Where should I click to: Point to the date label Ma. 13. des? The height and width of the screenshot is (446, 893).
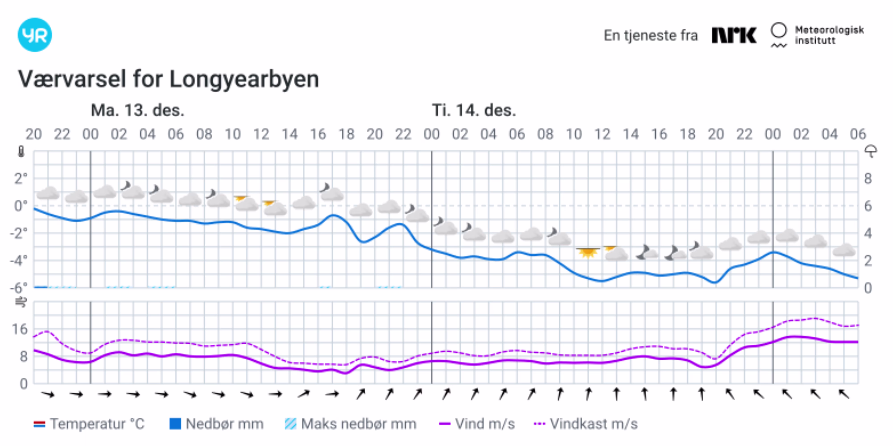(x=137, y=110)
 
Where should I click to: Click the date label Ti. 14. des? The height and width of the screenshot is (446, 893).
(x=474, y=110)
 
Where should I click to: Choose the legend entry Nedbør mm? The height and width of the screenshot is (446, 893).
(x=217, y=424)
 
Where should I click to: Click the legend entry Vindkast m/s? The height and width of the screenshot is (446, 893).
(x=586, y=424)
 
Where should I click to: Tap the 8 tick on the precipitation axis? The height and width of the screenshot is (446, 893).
(x=868, y=179)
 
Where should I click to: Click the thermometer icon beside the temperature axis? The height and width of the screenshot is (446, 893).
(x=21, y=152)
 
